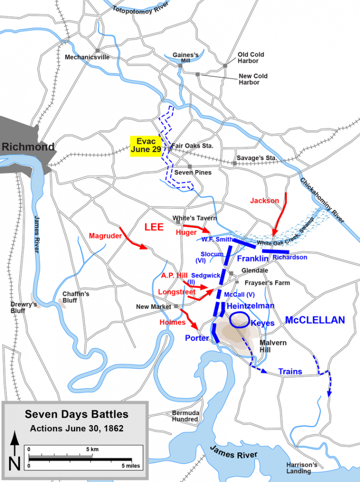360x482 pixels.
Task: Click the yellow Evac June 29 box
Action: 145,145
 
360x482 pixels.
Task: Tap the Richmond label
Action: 28,147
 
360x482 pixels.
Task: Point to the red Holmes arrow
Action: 190,320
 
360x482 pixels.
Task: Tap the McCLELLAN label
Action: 315,320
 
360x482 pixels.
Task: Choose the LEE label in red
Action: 154,227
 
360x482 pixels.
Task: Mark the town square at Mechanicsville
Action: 97,51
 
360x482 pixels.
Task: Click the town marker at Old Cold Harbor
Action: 225,66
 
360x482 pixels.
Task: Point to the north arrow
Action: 15,450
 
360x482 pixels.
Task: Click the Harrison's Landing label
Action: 302,468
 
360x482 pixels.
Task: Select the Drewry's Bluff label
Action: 23,307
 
